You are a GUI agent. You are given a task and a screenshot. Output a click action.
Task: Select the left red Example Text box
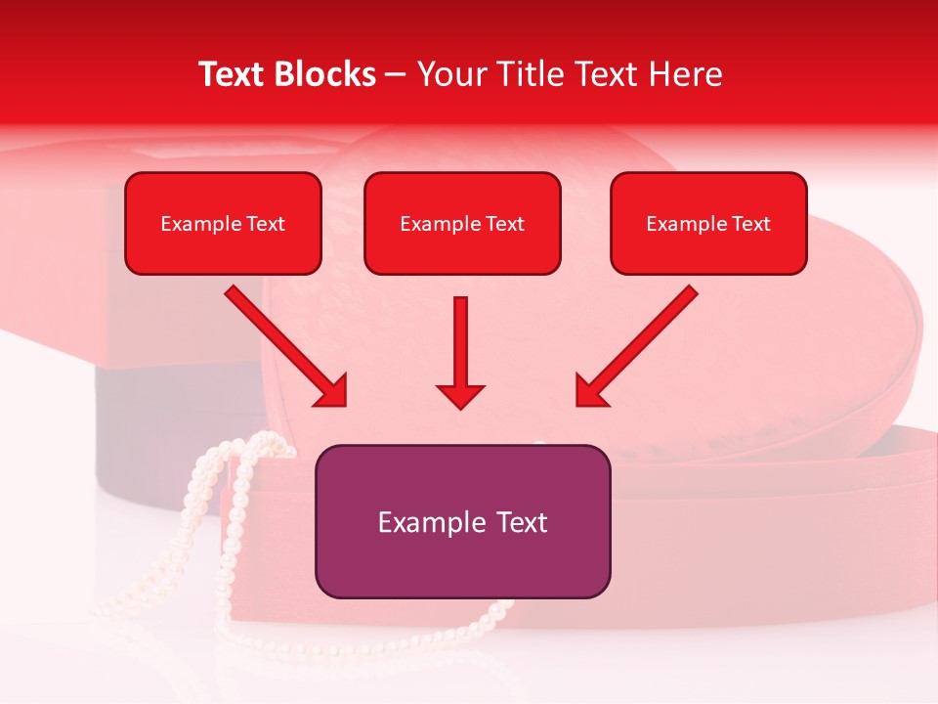tap(223, 224)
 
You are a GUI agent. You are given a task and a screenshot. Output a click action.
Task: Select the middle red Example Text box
tap(462, 224)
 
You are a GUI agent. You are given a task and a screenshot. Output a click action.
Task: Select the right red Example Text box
tap(708, 224)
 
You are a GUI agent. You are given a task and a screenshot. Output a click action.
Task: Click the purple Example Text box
tap(462, 521)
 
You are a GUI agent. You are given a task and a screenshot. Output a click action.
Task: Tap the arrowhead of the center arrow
tap(460, 395)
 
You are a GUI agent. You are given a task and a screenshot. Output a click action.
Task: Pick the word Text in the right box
tap(750, 224)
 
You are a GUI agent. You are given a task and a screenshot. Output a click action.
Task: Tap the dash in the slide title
tap(396, 74)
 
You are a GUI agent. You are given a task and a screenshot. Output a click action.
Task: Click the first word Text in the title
tap(231, 74)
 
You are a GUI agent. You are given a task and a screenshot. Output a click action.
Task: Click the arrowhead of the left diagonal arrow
tap(332, 391)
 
